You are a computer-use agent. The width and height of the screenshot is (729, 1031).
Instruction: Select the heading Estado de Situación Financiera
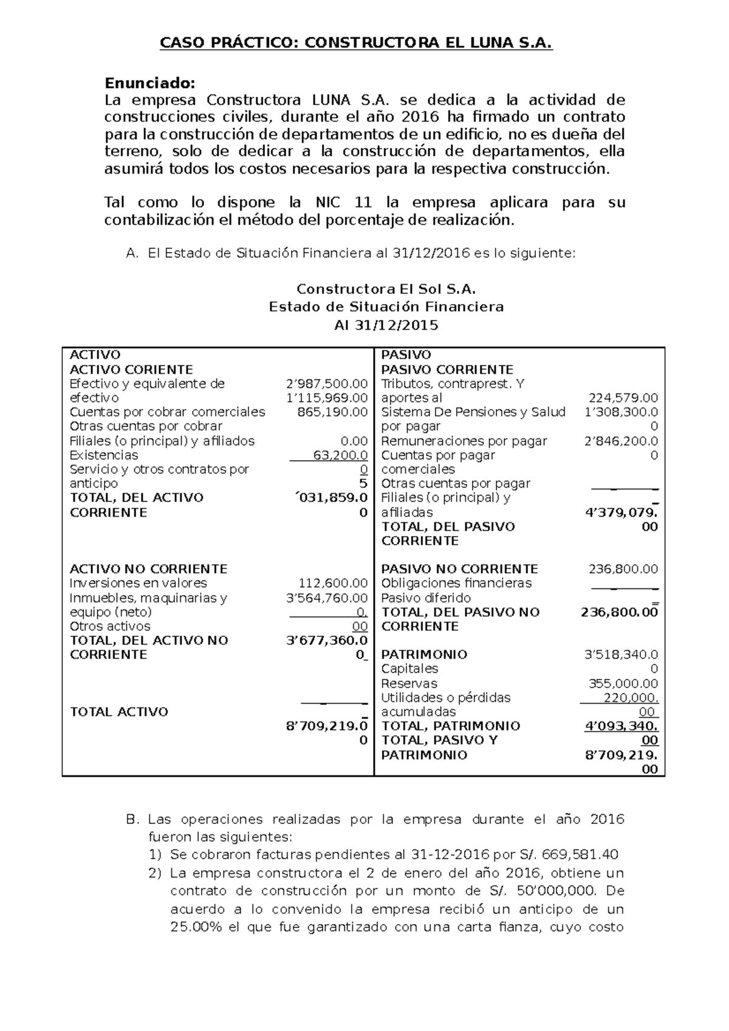[x=386, y=307]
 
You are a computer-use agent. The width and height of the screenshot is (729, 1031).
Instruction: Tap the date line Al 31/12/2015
[x=386, y=325]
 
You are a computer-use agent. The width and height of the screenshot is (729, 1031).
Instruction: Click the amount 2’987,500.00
[x=327, y=384]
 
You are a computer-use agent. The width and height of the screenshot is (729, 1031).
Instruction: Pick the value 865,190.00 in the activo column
[x=332, y=412]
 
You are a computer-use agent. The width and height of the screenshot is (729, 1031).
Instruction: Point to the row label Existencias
[x=104, y=455]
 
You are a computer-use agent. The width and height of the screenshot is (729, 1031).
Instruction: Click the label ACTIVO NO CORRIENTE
[x=148, y=569]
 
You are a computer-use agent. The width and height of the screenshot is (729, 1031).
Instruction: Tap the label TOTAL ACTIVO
[x=119, y=712]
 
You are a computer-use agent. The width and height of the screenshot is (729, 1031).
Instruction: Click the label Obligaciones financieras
[x=456, y=584]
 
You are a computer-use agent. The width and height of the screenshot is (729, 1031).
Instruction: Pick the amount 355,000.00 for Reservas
[x=623, y=684]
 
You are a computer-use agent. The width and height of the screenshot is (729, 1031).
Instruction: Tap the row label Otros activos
[x=110, y=626]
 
